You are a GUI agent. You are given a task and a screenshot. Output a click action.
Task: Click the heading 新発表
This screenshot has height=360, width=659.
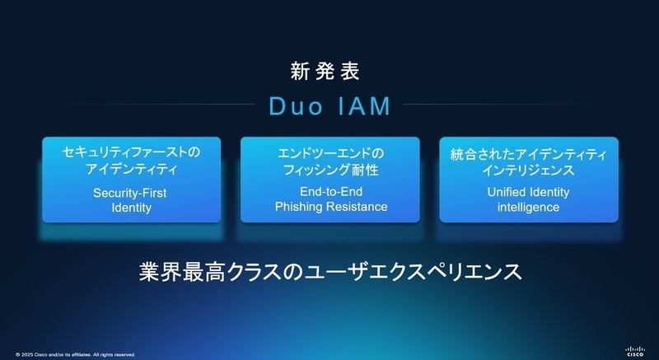click(x=325, y=72)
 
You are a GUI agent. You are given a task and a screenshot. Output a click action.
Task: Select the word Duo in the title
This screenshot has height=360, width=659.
click(x=296, y=106)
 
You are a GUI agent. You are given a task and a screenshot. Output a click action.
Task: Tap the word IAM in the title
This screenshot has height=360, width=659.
click(x=364, y=106)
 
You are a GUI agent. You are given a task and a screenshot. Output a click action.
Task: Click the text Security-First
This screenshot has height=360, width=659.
click(x=130, y=194)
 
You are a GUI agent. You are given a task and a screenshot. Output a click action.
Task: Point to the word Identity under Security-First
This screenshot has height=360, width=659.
click(x=132, y=208)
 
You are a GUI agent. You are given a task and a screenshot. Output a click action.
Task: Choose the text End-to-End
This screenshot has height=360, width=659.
click(x=331, y=192)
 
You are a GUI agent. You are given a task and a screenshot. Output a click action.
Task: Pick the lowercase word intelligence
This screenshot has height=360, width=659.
click(x=528, y=208)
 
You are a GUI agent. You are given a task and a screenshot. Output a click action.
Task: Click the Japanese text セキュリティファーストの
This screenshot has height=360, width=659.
click(x=132, y=152)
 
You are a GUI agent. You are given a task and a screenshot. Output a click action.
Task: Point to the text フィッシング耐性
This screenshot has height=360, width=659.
click(x=331, y=170)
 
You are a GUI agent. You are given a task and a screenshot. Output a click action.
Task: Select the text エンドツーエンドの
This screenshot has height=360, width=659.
click(x=331, y=153)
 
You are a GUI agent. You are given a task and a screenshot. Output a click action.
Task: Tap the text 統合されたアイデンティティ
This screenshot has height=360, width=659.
click(x=529, y=154)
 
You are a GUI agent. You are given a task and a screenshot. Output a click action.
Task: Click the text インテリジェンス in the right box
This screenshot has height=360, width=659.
click(x=528, y=171)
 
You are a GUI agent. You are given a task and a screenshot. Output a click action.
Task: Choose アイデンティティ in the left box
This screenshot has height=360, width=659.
click(x=132, y=169)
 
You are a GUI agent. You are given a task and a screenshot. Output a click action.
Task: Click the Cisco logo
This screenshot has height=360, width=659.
click(x=634, y=351)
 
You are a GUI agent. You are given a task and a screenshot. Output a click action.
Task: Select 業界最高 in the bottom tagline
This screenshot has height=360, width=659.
click(x=182, y=272)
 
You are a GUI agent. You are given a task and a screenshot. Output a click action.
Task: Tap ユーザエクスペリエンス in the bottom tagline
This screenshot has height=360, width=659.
click(x=413, y=272)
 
